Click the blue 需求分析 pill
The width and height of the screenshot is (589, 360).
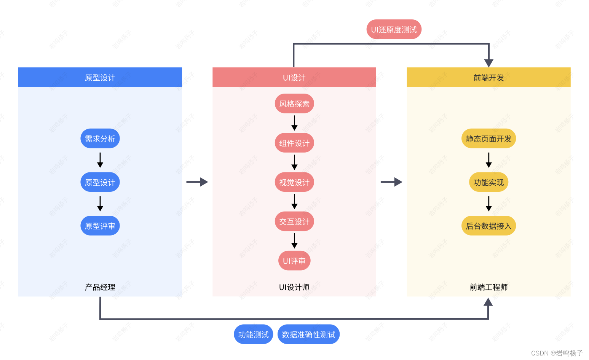point(100,139)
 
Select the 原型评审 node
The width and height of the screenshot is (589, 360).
point(100,226)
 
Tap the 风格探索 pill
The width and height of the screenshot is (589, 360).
point(294,104)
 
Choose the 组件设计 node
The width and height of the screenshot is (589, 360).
point(294,143)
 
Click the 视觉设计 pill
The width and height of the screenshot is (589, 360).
point(294,182)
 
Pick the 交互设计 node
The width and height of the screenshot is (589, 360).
point(294,221)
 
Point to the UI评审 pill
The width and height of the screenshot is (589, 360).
point(294,261)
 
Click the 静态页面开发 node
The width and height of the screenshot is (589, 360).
point(488,139)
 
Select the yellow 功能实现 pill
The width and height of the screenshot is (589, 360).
point(488,182)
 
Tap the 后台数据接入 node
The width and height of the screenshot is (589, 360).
point(488,226)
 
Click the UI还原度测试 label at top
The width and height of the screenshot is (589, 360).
point(394,30)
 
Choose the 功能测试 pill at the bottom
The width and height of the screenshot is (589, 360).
point(253,335)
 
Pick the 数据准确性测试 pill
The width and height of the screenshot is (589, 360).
point(308,335)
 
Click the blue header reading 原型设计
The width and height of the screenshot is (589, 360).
point(100,78)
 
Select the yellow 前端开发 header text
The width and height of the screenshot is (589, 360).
point(488,78)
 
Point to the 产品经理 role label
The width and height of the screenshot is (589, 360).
point(100,287)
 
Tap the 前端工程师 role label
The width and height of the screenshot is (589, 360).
point(488,287)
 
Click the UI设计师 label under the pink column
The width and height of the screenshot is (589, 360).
point(294,287)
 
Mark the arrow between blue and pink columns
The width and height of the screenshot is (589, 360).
point(197,182)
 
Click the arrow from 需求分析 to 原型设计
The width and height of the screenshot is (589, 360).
point(100,160)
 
